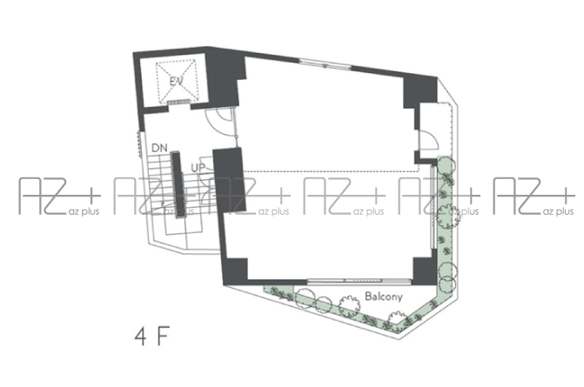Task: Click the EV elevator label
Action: click(x=176, y=81)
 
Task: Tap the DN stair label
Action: click(x=159, y=148)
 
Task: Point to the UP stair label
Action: click(x=198, y=168)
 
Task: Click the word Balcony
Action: click(x=384, y=297)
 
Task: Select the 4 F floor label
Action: click(x=152, y=337)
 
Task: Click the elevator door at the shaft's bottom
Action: click(x=178, y=103)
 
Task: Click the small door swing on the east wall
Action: click(x=429, y=140)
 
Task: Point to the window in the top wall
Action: click(x=326, y=64)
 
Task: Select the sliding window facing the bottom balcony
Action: click(x=359, y=281)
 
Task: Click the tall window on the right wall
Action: click(x=433, y=207)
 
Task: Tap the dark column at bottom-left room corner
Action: click(x=235, y=270)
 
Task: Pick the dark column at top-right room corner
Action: click(x=420, y=91)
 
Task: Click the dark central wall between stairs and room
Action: click(x=229, y=180)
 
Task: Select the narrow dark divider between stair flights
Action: click(x=177, y=185)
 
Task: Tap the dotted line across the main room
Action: click(x=332, y=171)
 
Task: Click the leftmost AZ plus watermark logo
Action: click(x=59, y=197)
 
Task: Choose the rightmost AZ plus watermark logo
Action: click(x=534, y=197)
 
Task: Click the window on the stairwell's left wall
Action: click(x=140, y=144)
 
